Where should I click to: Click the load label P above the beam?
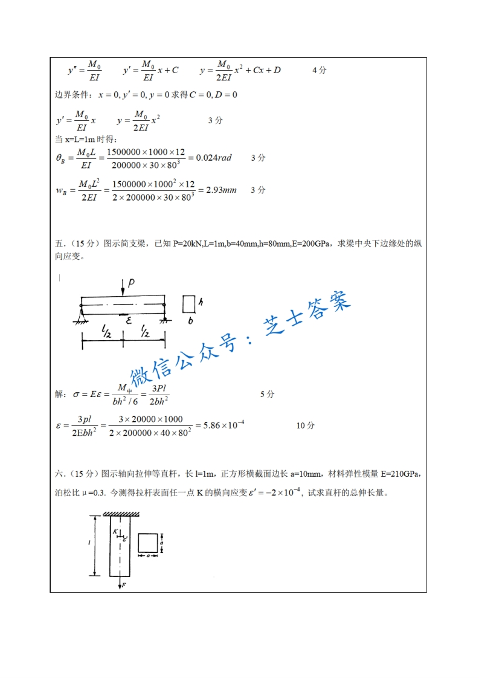(x=131, y=282)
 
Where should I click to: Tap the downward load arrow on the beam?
(x=123, y=288)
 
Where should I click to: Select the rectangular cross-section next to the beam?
(x=188, y=304)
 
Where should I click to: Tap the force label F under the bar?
(x=123, y=585)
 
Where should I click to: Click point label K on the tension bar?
(x=115, y=532)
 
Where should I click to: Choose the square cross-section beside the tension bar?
(x=148, y=543)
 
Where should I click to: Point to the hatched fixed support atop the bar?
(x=121, y=514)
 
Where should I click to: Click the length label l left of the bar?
(x=89, y=543)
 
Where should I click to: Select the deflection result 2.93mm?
(x=221, y=190)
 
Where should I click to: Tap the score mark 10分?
(x=305, y=425)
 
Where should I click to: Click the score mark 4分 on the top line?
(x=319, y=70)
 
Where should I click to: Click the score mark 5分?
(x=267, y=394)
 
